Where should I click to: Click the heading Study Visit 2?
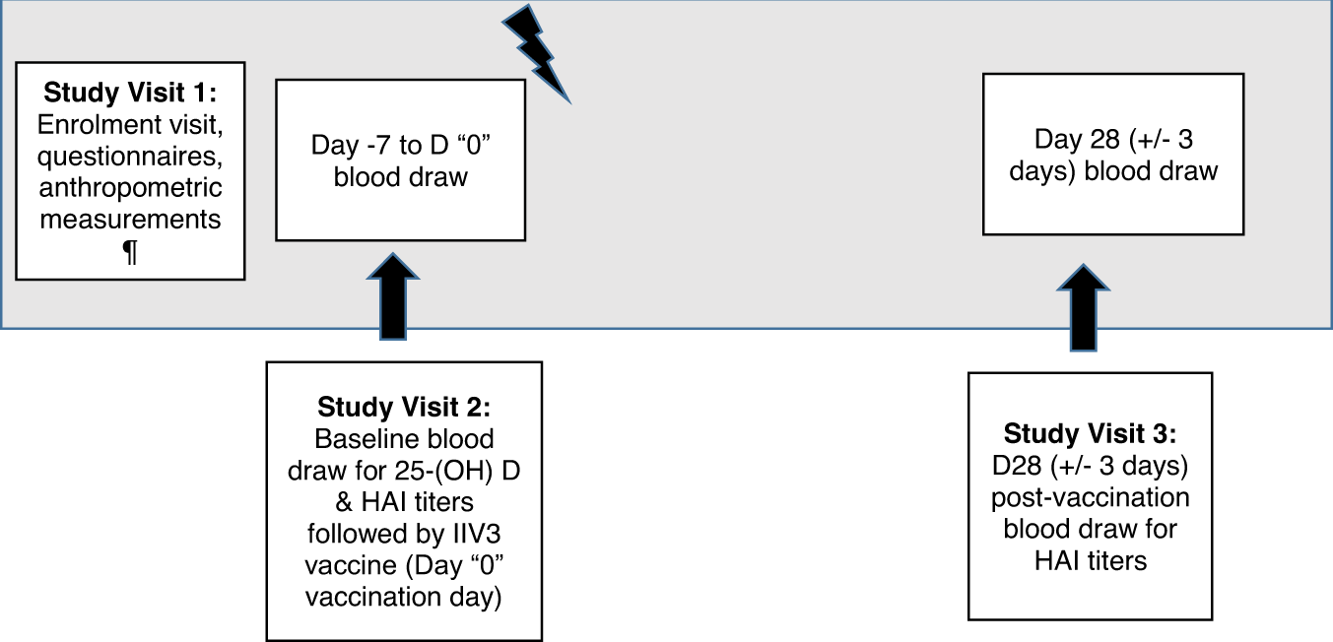point(404,407)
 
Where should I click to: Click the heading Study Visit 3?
point(1090,433)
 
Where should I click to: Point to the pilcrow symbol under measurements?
point(129,252)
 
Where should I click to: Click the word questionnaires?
point(129,157)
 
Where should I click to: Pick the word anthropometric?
point(130,188)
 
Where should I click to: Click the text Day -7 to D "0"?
point(400,146)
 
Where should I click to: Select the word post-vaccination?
point(1090,497)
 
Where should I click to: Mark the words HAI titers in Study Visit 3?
point(1090,560)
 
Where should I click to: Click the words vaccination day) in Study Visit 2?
point(404,597)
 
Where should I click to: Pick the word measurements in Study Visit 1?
point(130,220)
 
